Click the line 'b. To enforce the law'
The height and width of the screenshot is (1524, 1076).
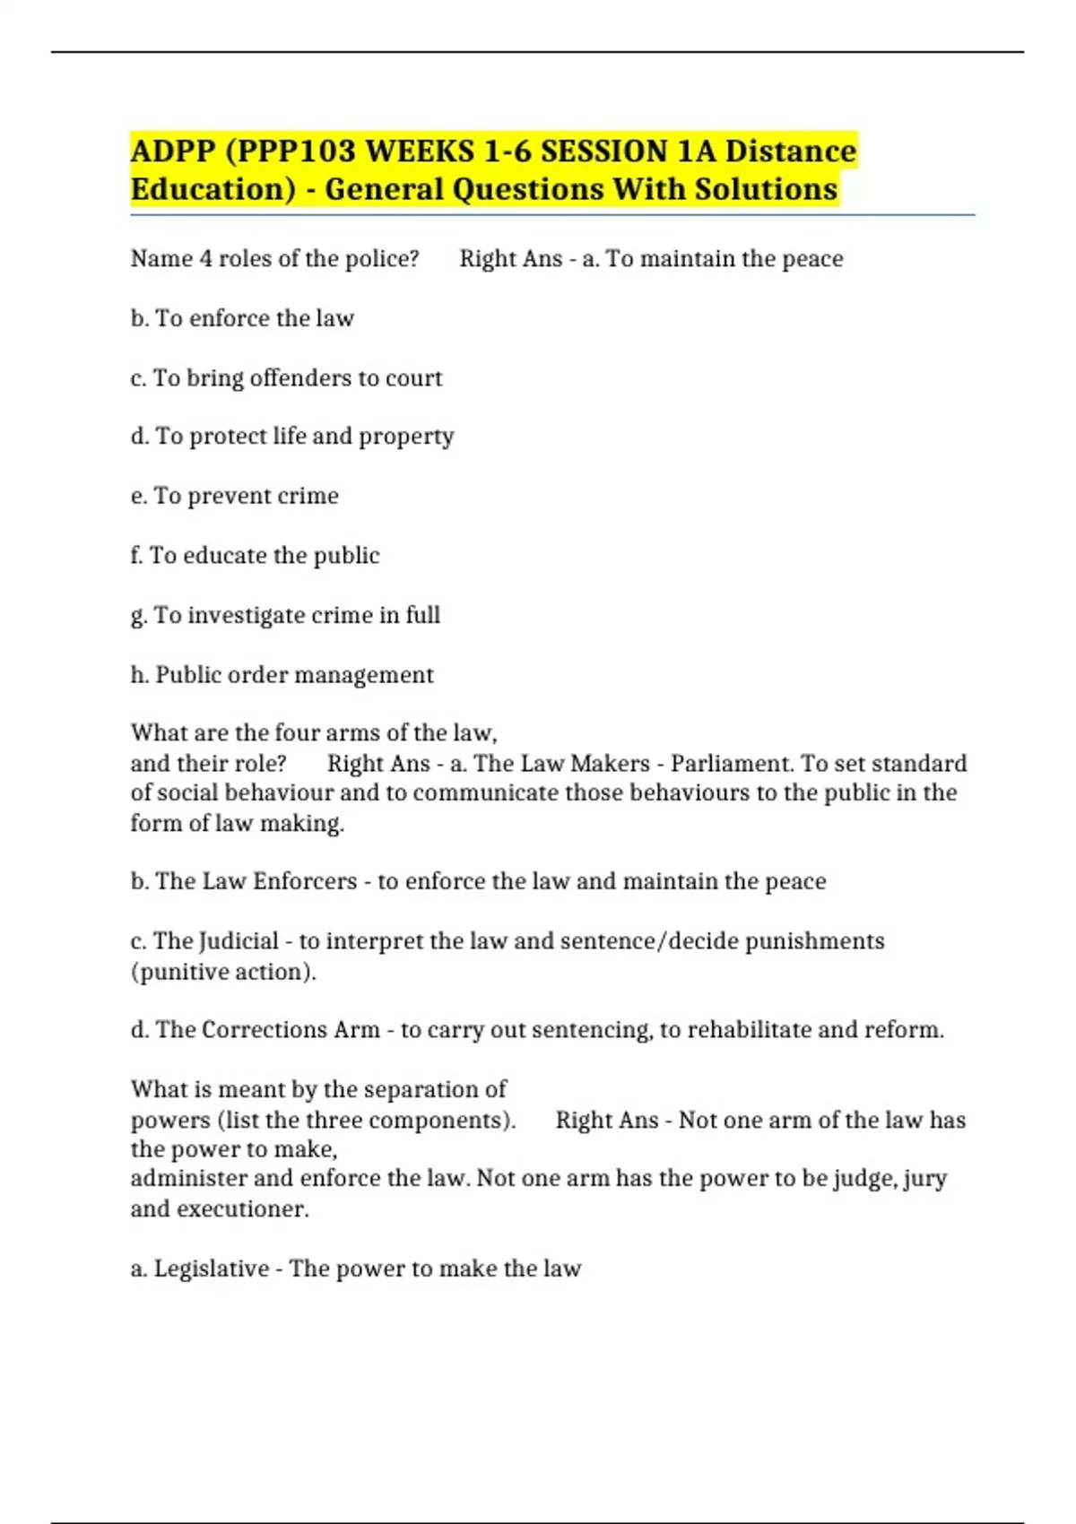tap(242, 318)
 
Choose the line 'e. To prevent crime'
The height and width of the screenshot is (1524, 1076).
tap(234, 496)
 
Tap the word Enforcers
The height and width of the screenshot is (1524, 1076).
tap(305, 881)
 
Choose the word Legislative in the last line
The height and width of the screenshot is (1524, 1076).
tap(212, 1269)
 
